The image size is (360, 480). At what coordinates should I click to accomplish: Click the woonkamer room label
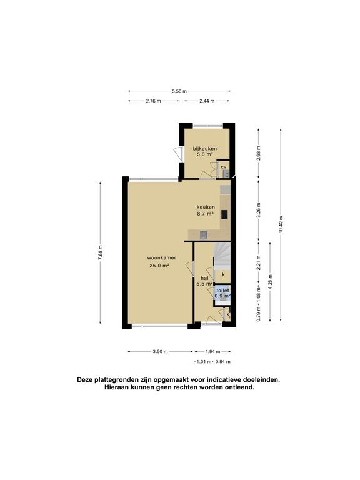pos(161,262)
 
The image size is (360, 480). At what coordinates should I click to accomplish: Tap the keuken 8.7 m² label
pos(206,210)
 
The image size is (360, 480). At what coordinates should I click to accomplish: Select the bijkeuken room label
pos(205,151)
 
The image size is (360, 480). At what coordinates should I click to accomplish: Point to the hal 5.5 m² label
pos(205,281)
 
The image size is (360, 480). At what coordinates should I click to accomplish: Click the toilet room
pos(222,293)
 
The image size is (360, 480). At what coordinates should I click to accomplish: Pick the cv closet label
pos(224,167)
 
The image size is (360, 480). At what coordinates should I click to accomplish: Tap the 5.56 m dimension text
pos(179,91)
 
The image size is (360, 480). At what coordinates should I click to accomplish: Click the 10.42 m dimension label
pos(281,225)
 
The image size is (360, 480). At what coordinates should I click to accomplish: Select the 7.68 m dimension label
pos(101,252)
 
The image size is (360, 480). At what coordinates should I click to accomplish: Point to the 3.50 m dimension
pos(160,352)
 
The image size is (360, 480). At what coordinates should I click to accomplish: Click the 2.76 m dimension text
pos(153,101)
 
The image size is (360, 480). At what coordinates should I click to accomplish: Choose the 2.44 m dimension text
pos(207,101)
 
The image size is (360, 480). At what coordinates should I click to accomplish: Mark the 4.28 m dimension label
pos(270,282)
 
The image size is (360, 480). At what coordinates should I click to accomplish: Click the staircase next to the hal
pos(222,256)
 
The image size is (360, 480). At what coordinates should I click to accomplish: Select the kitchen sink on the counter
pos(204,235)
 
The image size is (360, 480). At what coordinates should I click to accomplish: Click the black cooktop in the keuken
pos(224,214)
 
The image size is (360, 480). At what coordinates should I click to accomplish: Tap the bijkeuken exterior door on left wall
pos(178,152)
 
